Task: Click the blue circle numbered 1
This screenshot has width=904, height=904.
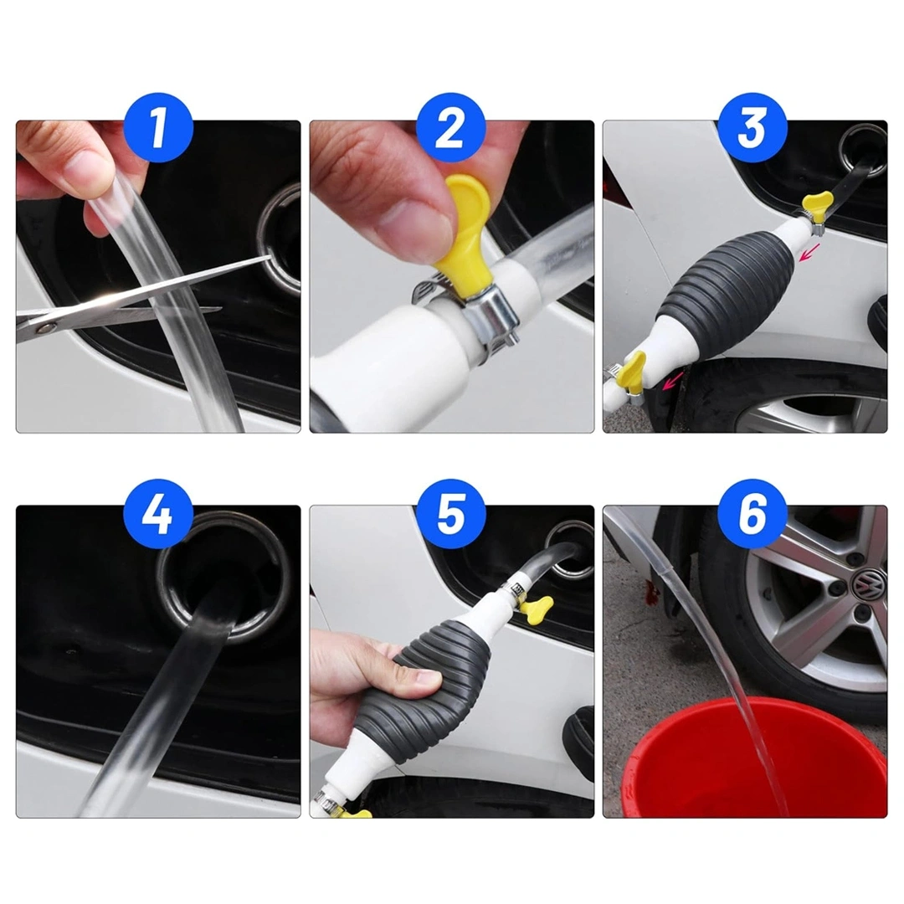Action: pos(158,127)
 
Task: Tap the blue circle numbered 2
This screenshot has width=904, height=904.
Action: pos(451,127)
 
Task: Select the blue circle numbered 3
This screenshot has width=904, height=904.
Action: pos(752,127)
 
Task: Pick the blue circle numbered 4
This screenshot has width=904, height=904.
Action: pos(158,513)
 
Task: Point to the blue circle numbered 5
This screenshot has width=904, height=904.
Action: pos(451,513)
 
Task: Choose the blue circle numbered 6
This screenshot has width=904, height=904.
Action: pos(752,513)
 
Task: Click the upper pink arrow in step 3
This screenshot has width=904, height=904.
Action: pos(809,253)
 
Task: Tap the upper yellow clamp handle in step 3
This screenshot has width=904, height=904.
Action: pos(817,203)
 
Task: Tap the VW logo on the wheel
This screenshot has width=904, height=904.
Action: pos(869,584)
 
